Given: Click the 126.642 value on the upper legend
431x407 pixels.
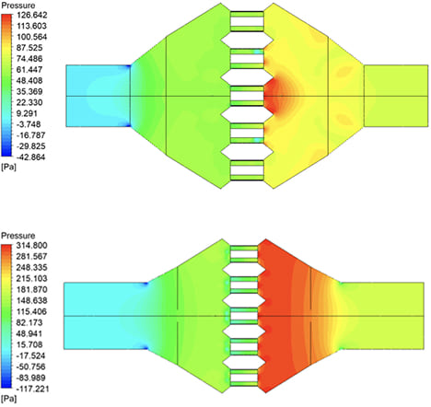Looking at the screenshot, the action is pos(31,15).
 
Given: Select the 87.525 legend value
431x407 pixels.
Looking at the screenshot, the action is pos(29,48).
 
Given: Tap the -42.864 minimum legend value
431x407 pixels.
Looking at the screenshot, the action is pos(30,157).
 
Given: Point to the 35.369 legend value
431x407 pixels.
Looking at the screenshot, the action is pos(29,91).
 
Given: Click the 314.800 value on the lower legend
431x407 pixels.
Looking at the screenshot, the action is pos(31,245).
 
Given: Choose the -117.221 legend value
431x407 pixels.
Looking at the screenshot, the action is pos(32,389).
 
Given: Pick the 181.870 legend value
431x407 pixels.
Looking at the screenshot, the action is pos(31,289).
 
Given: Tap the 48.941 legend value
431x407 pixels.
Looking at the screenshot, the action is pos(29,333).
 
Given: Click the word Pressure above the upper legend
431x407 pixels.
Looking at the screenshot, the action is pos(18,6).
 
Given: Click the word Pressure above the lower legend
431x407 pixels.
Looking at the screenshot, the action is pos(18,236).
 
